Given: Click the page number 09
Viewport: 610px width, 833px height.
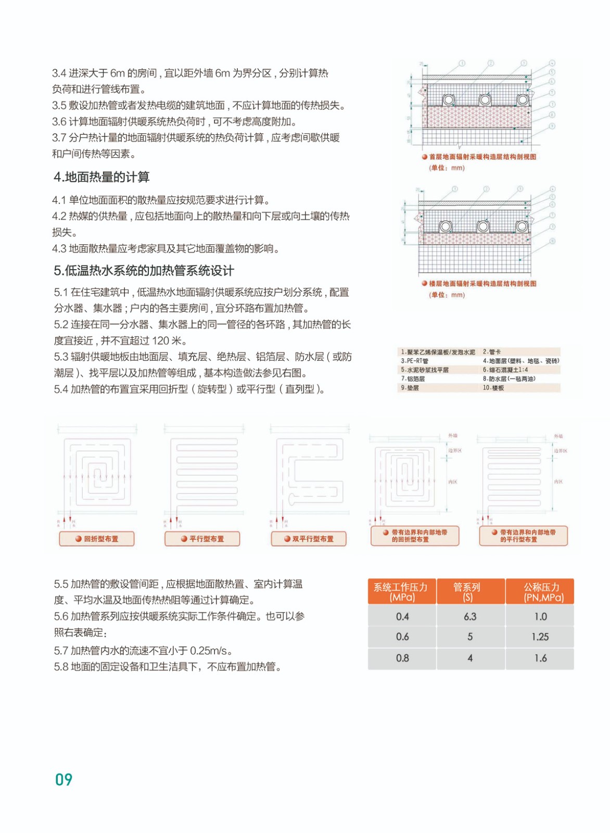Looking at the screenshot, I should [63, 779].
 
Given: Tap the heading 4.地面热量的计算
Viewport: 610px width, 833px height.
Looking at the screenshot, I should [101, 177].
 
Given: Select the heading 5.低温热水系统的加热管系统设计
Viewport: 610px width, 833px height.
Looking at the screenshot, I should [144, 271].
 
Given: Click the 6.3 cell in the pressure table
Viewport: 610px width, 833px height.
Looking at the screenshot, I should [470, 616].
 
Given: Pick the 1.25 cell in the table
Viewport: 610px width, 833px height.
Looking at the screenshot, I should [540, 637].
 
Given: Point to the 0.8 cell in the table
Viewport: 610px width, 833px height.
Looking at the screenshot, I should [402, 658].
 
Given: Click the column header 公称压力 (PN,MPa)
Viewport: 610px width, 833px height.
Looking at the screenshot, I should [541, 592].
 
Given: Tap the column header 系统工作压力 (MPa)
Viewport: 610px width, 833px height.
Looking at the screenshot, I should [401, 592].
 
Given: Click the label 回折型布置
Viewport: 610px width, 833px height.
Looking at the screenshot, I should [100, 539].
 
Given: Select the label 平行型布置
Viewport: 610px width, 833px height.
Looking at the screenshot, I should [206, 539].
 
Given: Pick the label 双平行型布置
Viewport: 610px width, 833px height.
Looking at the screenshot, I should [312, 539].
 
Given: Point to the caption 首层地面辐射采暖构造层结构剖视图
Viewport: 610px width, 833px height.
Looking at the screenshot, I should [482, 157].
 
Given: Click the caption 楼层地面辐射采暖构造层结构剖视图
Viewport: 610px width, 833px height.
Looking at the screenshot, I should [482, 284].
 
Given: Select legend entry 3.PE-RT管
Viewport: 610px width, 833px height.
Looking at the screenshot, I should [415, 361].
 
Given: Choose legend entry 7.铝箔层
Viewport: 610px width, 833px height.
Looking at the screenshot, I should [413, 379].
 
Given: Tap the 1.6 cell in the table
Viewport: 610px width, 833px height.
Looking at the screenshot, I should [540, 658].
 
